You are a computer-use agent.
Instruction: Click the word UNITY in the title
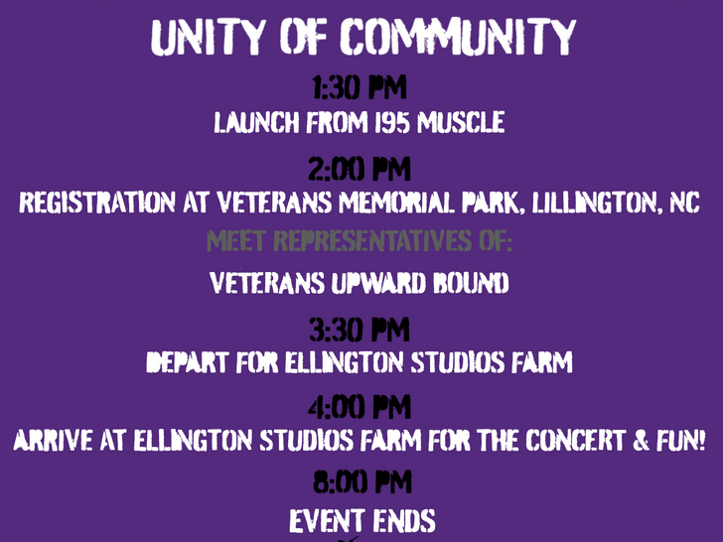(x=208, y=38)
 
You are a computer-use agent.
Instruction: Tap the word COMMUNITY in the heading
(x=459, y=37)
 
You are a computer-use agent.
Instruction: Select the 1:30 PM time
(x=360, y=87)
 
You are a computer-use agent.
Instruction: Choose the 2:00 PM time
(x=360, y=169)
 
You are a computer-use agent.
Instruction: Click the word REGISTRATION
(x=97, y=203)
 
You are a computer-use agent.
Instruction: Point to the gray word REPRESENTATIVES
(x=372, y=240)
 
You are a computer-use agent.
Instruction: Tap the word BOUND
(x=471, y=283)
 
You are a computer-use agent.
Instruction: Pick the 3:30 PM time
(x=360, y=330)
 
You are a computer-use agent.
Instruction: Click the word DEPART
(x=187, y=362)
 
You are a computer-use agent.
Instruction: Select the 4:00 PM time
(x=360, y=407)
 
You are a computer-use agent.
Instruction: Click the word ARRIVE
(x=53, y=440)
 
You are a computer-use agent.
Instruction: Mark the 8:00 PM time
(x=361, y=482)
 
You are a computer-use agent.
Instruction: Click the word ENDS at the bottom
(x=404, y=521)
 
